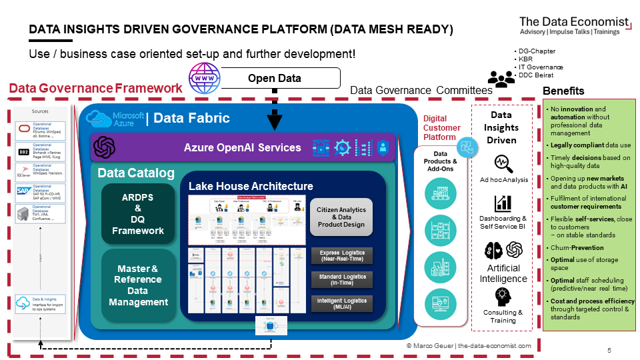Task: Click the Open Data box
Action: pyautogui.click(x=275, y=79)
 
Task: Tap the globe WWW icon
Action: pyautogui.click(x=203, y=79)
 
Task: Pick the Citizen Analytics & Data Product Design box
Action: pyautogui.click(x=341, y=217)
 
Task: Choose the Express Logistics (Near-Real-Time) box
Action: pyautogui.click(x=341, y=255)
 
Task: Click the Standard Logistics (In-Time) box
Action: pyautogui.click(x=341, y=279)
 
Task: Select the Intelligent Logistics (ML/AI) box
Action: pyautogui.click(x=341, y=303)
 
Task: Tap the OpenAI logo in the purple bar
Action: pyautogui.click(x=105, y=147)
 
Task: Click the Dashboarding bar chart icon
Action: pyautogui.click(x=503, y=203)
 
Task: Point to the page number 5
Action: pyautogui.click(x=609, y=350)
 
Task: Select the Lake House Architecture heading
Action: pyautogui.click(x=251, y=186)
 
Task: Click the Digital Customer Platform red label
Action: pyautogui.click(x=442, y=128)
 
